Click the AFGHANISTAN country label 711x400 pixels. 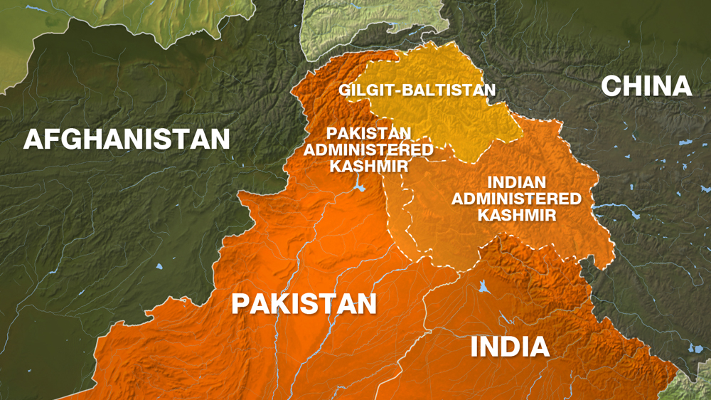(x=127, y=138)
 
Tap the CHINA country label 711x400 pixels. (x=646, y=86)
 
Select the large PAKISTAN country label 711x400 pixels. (x=304, y=304)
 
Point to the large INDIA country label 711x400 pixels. (x=510, y=347)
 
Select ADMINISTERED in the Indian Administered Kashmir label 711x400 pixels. (x=516, y=199)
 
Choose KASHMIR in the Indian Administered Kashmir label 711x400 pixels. (x=516, y=215)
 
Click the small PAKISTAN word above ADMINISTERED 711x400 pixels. (x=368, y=133)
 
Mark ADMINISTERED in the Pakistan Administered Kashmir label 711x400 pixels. (x=368, y=149)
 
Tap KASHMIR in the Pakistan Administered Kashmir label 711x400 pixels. (x=368, y=166)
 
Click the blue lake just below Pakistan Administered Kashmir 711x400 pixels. (x=360, y=189)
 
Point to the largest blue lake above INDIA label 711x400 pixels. (x=484, y=288)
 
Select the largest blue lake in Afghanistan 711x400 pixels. (x=158, y=267)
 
